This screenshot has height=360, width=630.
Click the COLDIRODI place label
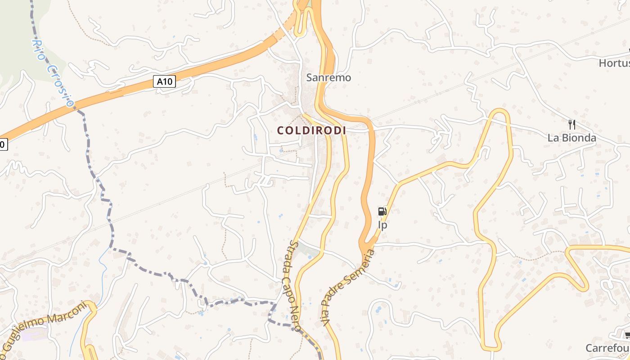pyautogui.click(x=311, y=130)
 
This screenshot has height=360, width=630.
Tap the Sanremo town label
pyautogui.click(x=328, y=77)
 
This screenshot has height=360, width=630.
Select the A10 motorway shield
pyautogui.click(x=164, y=81)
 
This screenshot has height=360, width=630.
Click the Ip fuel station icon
pyautogui.click(x=382, y=211)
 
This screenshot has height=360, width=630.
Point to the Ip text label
pyautogui.click(x=382, y=225)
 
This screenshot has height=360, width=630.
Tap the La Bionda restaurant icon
pyautogui.click(x=572, y=125)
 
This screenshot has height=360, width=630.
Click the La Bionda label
pyautogui.click(x=571, y=138)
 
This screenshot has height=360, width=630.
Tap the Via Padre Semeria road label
pyautogui.click(x=347, y=288)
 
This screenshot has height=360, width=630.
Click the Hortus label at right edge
pyautogui.click(x=614, y=63)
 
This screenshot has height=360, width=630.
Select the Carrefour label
pyautogui.click(x=607, y=348)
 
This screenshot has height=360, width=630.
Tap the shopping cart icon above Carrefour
pyautogui.click(x=627, y=335)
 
